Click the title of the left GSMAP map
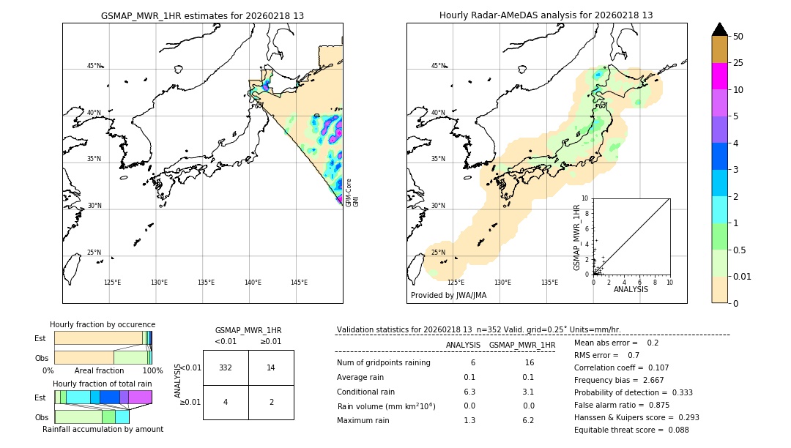202,15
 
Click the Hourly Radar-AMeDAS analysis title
546,15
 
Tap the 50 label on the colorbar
738,37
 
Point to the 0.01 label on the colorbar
743,276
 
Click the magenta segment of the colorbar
719,76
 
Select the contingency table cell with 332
226,367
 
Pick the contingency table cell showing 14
271,367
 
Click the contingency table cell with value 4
226,402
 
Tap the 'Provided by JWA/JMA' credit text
448,296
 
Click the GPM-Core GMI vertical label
352,193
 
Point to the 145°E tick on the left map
299,283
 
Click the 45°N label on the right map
438,66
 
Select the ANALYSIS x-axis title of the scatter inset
631,289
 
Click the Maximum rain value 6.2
527,420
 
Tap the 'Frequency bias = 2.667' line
617,381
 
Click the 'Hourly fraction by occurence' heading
103,324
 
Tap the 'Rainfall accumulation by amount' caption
103,429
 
